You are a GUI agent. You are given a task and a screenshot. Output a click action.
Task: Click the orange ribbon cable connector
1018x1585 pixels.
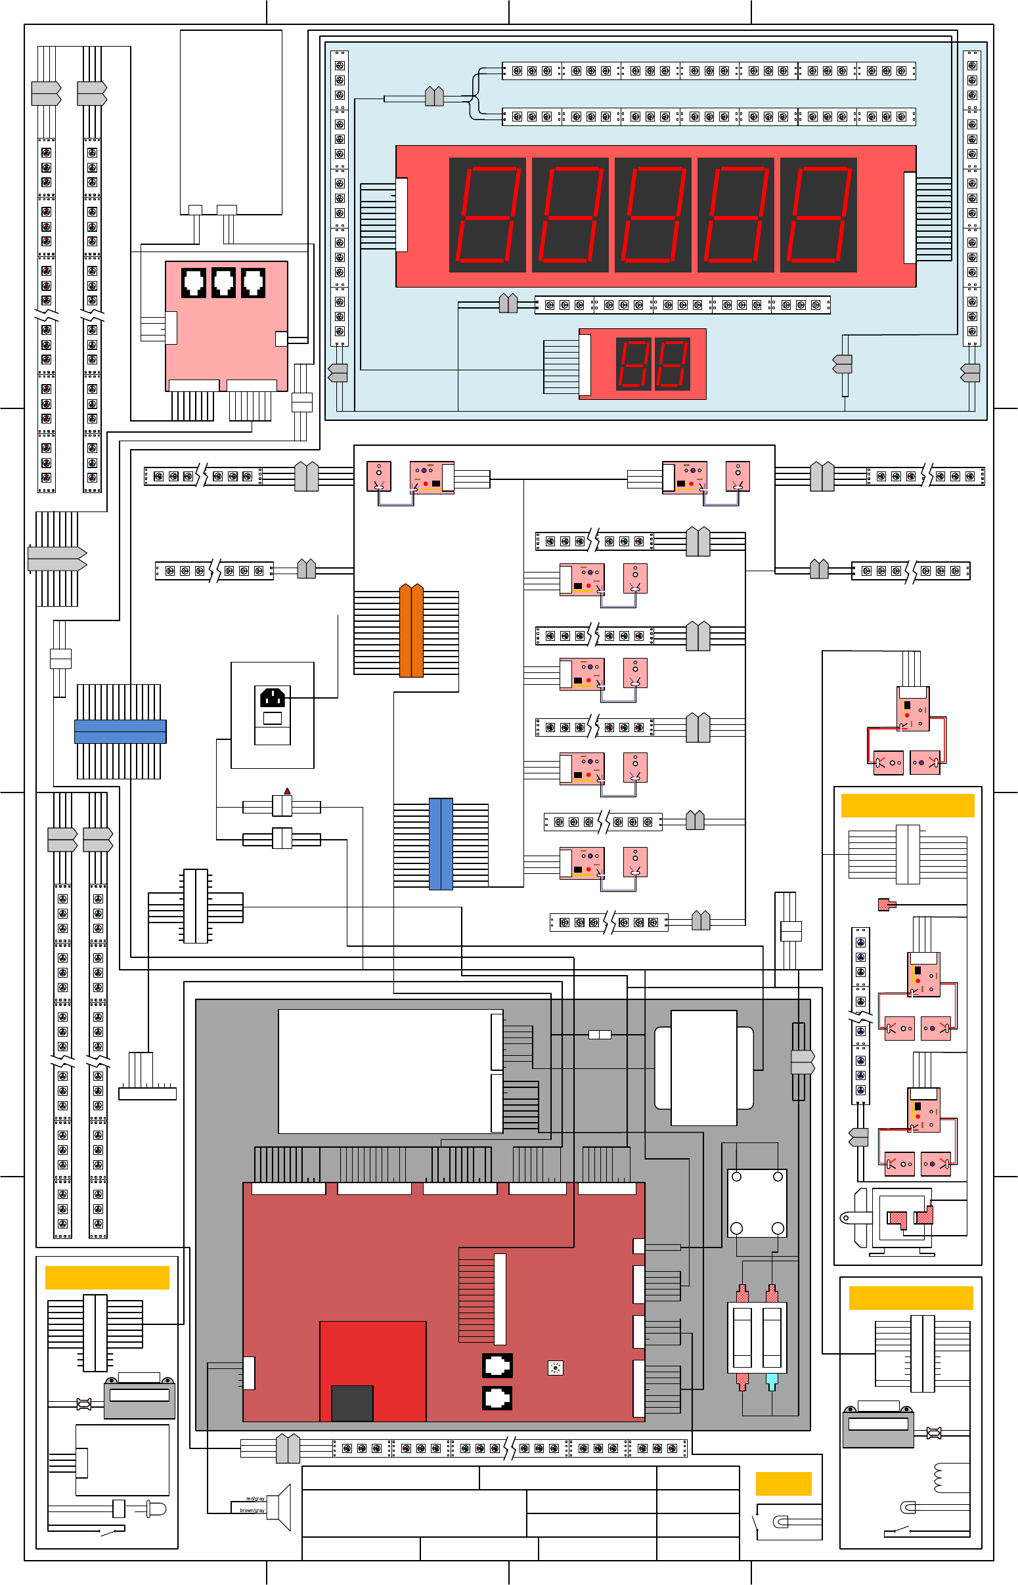411,630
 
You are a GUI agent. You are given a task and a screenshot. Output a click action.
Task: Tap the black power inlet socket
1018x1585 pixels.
273,697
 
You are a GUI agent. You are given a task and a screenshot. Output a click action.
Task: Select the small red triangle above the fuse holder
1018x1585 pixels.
287,791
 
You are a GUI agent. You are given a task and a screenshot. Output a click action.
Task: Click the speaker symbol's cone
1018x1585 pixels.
283,1507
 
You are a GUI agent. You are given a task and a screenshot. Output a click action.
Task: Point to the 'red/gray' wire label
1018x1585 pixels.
255,1498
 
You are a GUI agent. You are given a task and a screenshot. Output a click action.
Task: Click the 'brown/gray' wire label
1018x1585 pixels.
252,1510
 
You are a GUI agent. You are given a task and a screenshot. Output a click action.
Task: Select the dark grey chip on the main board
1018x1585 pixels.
351,1402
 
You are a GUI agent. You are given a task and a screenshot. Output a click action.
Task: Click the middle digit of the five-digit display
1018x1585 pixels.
652,215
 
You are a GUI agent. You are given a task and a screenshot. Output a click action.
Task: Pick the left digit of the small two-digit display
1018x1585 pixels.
633,363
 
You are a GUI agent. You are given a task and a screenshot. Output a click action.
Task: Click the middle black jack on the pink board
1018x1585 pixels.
223,282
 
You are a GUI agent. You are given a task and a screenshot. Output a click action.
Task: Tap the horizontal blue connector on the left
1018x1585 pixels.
120,731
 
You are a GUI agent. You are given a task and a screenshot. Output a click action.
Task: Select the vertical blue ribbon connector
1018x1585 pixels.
441,844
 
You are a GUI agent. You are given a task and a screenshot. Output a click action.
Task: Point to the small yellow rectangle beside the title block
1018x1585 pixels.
784,1483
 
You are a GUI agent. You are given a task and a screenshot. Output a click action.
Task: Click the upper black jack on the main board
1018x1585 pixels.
497,1365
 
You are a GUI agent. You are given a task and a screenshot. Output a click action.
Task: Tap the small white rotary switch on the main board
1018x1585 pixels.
555,1368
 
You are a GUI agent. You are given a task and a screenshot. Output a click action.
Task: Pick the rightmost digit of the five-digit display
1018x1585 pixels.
818,215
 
